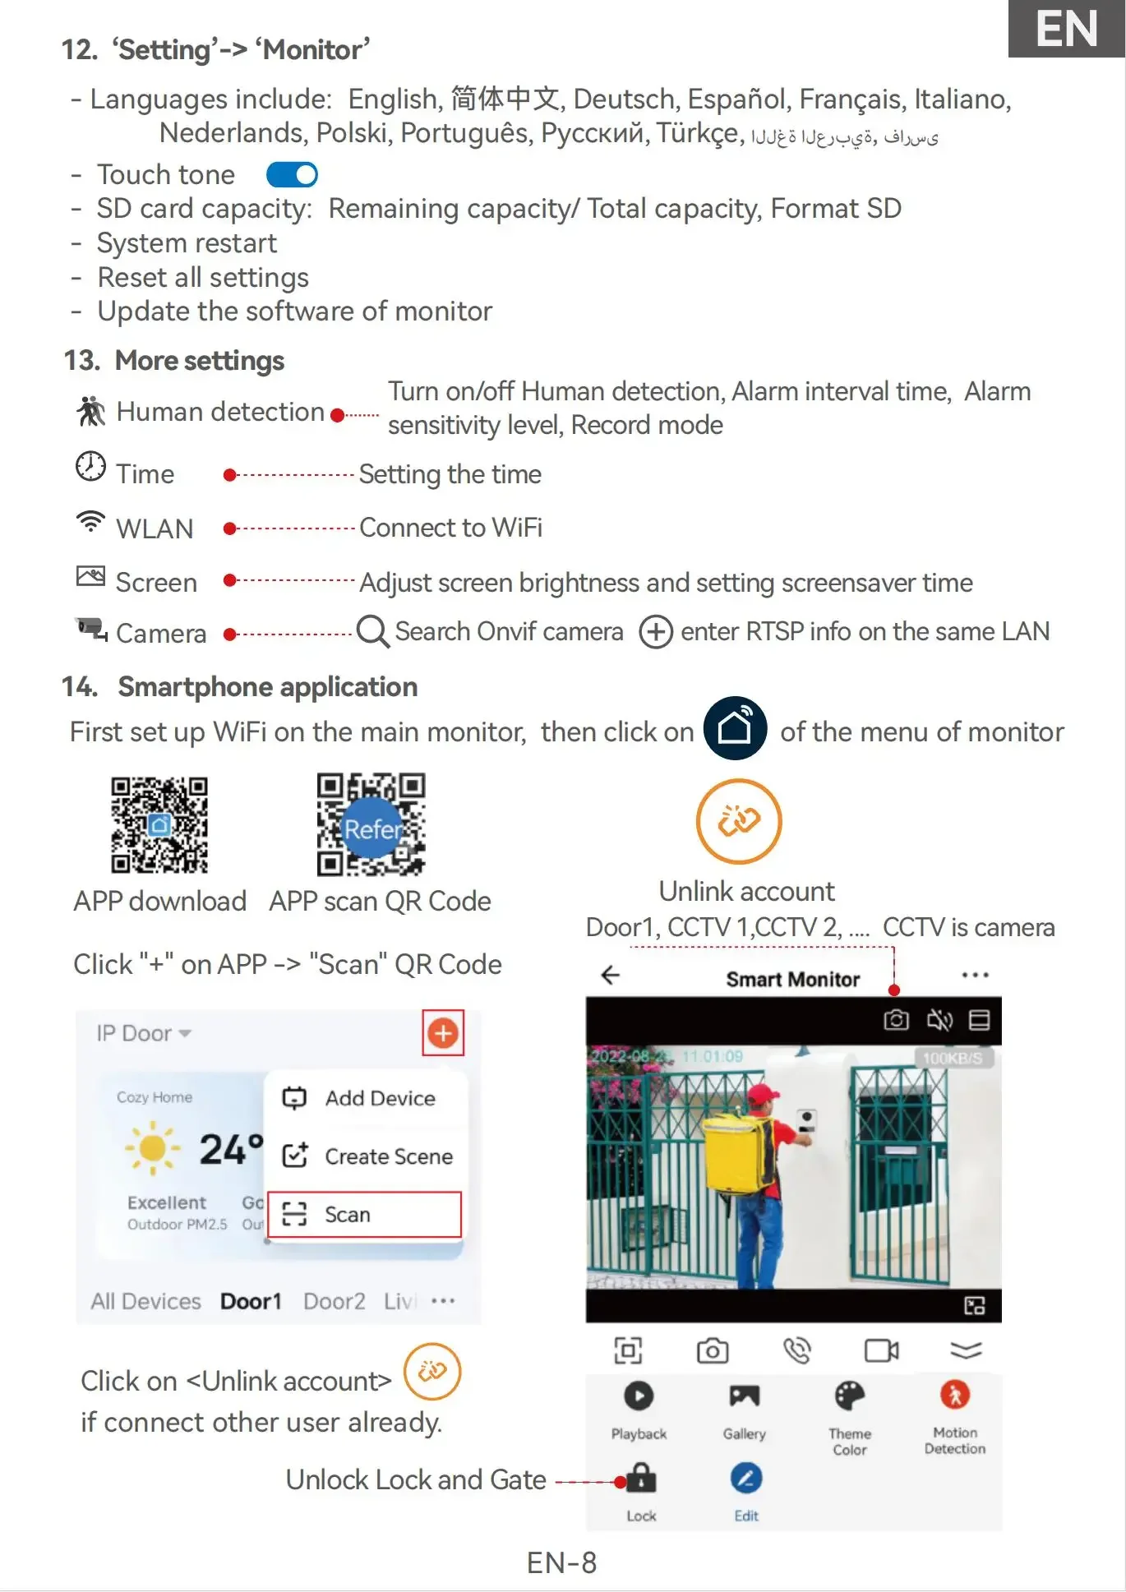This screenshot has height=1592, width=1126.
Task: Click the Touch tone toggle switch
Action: [x=292, y=174]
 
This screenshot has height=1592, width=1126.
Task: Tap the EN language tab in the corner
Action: [x=1066, y=30]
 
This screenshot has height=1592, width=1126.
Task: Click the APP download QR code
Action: [x=159, y=824]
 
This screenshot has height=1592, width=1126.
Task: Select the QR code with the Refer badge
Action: [x=371, y=824]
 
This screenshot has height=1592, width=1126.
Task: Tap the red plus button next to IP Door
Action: [x=443, y=1033]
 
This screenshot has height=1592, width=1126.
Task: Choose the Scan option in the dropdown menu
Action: [x=364, y=1214]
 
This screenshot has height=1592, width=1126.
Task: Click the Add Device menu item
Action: [x=364, y=1098]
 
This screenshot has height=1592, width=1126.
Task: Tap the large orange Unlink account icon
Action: [x=738, y=820]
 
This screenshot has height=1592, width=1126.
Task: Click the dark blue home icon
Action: [x=735, y=727]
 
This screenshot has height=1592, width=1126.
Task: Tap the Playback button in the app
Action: [x=639, y=1396]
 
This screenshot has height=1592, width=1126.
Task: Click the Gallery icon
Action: [x=744, y=1396]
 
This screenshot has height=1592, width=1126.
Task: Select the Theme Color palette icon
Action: [x=849, y=1396]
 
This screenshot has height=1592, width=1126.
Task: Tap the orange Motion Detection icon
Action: [x=954, y=1395]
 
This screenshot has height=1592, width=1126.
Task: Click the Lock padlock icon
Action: [x=641, y=1479]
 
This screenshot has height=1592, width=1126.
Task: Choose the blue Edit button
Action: [x=746, y=1479]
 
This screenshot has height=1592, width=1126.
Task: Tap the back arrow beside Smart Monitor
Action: [x=611, y=976]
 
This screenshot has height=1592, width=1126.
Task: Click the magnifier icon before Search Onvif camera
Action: [x=373, y=632]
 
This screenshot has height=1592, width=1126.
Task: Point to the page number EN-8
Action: [x=561, y=1562]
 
